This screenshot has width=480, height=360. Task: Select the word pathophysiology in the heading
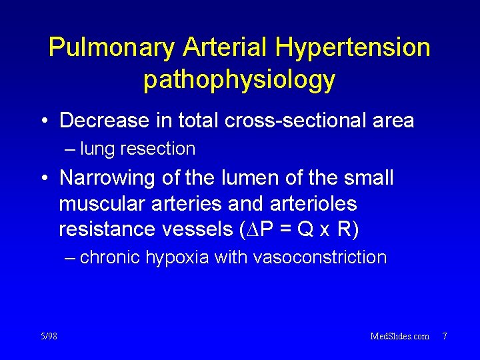[x=239, y=79]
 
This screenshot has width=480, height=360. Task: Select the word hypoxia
[x=177, y=257]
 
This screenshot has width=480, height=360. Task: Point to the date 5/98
[x=48, y=336]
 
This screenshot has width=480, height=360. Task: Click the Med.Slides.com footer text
[x=399, y=336]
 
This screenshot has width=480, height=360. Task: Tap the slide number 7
[x=444, y=336]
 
